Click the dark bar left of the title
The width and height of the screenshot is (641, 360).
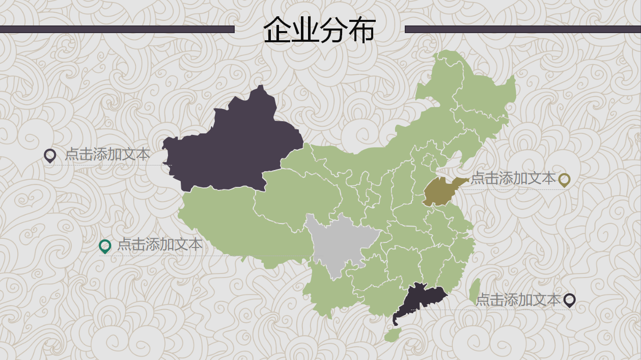pos(117,29)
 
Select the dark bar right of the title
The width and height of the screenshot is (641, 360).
pos(522,29)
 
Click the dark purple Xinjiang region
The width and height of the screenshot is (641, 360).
pos(229,148)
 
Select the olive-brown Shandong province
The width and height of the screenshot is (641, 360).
pos(440,191)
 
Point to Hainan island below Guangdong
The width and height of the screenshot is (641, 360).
pos(393,335)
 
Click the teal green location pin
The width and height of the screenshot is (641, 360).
pos(105,246)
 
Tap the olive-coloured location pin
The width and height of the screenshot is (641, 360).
pos(564,179)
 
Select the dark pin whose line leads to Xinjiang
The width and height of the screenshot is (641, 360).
pos(50,155)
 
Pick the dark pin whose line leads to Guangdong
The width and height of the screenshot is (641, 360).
pos(570,300)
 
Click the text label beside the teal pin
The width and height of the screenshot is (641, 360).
pos(160,244)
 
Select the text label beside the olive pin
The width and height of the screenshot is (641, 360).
pos(513,178)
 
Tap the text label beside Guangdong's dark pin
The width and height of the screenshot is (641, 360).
pos(518,300)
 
